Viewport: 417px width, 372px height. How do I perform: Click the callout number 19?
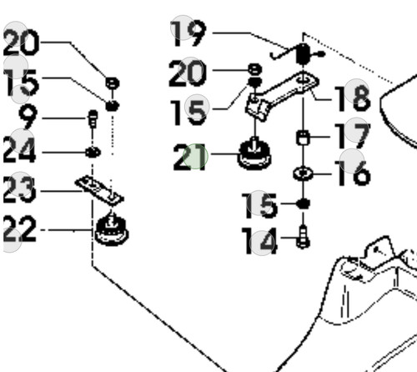pyautogui.click(x=188, y=33)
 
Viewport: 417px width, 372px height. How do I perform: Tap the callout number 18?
pyautogui.click(x=353, y=98)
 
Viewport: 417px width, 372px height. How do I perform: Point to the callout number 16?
pyautogui.click(x=353, y=173)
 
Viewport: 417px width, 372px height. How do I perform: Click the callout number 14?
pyautogui.click(x=259, y=241)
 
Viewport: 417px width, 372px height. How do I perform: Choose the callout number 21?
pyautogui.click(x=190, y=157)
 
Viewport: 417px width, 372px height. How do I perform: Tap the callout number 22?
pyautogui.click(x=20, y=229)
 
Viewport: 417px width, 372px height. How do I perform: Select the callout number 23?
pyautogui.click(x=20, y=190)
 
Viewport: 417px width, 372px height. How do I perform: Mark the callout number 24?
pyautogui.click(x=20, y=150)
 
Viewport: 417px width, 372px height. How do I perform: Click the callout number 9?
pyautogui.click(x=28, y=117)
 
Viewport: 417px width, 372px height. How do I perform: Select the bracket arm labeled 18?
pyautogui.click(x=282, y=96)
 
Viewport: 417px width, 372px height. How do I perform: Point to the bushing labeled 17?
pyautogui.click(x=303, y=138)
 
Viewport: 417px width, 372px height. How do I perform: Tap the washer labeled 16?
pyautogui.click(x=303, y=173)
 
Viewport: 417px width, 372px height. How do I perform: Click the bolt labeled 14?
pyautogui.click(x=303, y=237)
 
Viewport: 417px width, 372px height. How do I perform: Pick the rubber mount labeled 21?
pyautogui.click(x=254, y=154)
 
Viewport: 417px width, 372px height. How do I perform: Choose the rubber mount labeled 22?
pyautogui.click(x=112, y=229)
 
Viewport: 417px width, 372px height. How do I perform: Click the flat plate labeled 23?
pyautogui.click(x=99, y=190)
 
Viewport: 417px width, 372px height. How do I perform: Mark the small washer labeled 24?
pyautogui.click(x=93, y=153)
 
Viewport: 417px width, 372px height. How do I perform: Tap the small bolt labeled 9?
pyautogui.click(x=93, y=119)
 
